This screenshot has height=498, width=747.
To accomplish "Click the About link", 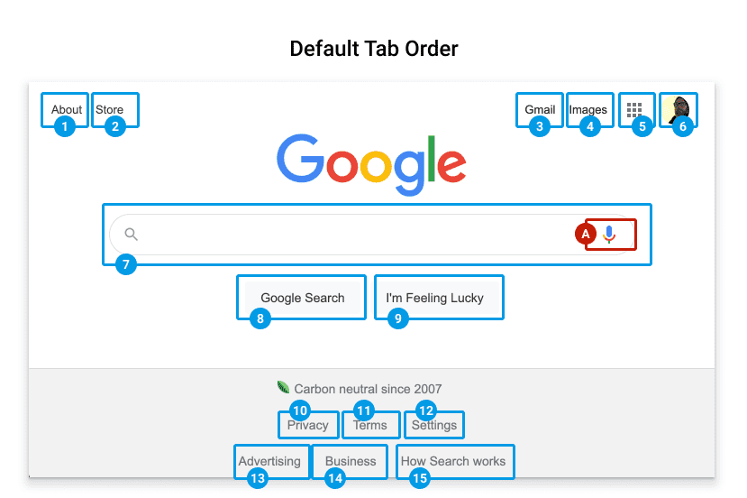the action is coord(67,110).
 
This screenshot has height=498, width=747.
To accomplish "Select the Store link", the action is coord(110,110).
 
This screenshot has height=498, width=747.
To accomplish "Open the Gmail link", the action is coord(540,110).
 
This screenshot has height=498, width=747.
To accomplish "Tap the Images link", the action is coord(588,110).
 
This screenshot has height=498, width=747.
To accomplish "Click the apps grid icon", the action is coord(634,110).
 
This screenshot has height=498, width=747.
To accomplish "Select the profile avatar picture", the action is coord(679,110).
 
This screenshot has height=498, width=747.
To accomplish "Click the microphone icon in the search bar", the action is coord(609,235).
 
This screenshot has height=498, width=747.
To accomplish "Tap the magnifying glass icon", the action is coord(131,235).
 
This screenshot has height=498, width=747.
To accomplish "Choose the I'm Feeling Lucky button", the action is coord(435,298).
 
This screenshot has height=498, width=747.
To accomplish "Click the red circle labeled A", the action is coord(586,234).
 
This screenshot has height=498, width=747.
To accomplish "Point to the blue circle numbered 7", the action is coord(126,264).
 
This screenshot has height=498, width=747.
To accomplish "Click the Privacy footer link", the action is coord(308,425).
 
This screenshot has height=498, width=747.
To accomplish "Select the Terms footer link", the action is coord(369,425).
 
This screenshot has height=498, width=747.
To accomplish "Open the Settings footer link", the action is coord(434,425).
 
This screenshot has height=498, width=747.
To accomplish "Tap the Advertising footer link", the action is coord(269,461).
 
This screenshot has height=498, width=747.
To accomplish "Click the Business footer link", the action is coord(351,461).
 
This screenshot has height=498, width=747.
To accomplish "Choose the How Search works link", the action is coord(453,461).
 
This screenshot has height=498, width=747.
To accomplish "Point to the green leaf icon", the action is coord(283,387).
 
